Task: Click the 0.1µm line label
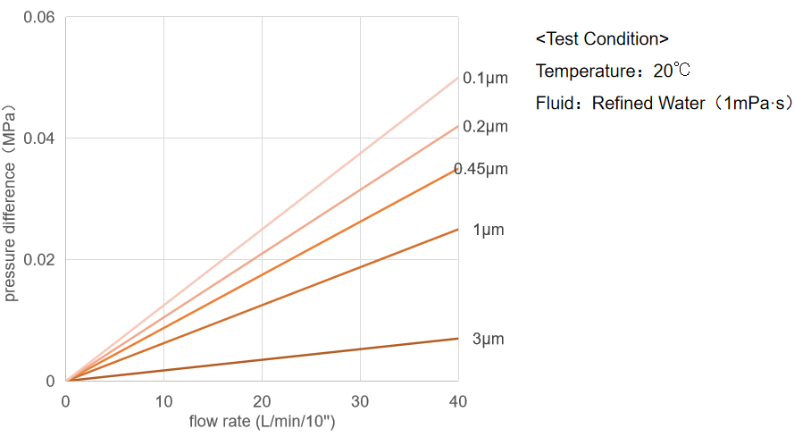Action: click(485, 79)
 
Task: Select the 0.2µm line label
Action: click(485, 127)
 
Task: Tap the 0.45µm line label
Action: click(481, 169)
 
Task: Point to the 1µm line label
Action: click(489, 231)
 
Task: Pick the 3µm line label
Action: click(489, 340)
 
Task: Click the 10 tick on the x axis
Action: click(163, 401)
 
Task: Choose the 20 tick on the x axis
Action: click(262, 401)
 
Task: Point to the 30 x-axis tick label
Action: click(360, 401)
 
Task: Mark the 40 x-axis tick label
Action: click(457, 401)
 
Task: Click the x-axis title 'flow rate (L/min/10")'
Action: click(262, 420)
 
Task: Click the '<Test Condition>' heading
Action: click(602, 39)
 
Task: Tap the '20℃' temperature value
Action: click(672, 71)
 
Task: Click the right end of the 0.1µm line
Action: click(458, 78)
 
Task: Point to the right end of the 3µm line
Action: click(458, 338)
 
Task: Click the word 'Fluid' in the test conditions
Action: click(554, 104)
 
